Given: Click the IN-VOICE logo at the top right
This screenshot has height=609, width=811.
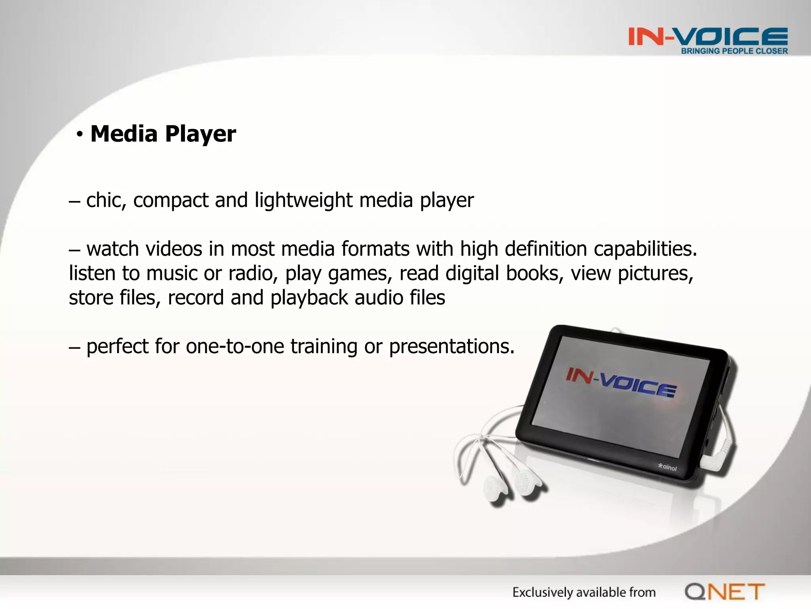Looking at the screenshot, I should (x=708, y=36).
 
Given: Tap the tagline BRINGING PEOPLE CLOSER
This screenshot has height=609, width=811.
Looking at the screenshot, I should (x=734, y=51).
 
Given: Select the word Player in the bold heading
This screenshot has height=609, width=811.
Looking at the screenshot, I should (x=200, y=134).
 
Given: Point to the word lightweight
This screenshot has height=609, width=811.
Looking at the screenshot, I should (x=303, y=201).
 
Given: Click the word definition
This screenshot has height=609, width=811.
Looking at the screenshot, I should (x=546, y=249).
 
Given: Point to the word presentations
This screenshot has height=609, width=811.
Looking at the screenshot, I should (x=451, y=347).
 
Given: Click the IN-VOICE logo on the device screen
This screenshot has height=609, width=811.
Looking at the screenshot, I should (x=621, y=382).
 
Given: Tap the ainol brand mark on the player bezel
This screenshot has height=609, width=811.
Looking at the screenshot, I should (x=668, y=467).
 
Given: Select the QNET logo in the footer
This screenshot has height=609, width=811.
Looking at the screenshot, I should (x=725, y=592).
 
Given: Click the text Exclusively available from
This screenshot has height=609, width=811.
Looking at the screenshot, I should (x=584, y=592).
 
